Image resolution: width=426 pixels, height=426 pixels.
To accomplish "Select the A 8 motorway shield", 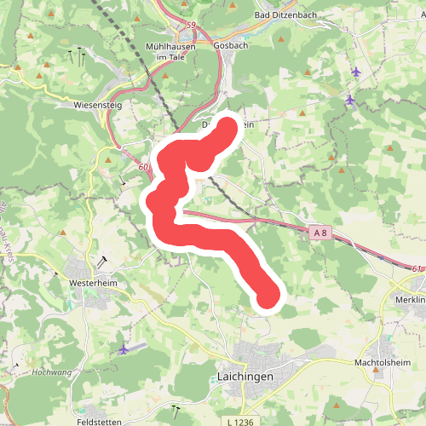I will pos(319,232).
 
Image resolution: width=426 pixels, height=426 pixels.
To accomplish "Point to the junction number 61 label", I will pos(416,269).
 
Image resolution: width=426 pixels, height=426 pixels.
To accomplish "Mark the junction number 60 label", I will pos(143,167).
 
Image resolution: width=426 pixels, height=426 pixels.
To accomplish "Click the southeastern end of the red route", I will pos(268,296).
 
